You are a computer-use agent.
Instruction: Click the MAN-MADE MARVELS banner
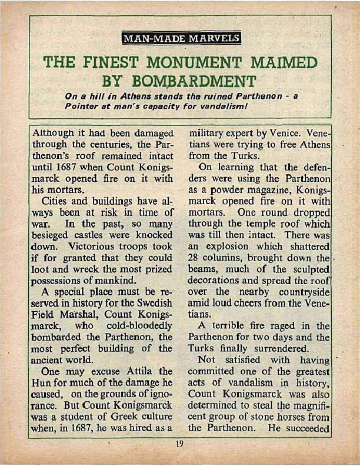(180, 39)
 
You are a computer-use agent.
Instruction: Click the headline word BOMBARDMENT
(204, 81)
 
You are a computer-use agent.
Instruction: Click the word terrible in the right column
(237, 326)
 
